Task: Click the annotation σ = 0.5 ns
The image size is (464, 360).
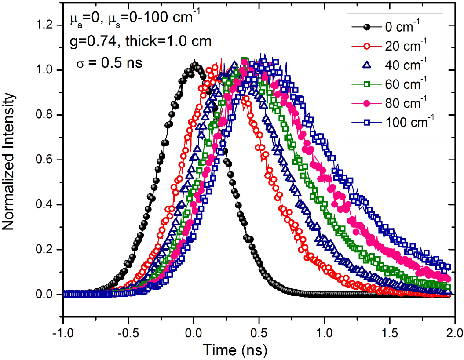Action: coord(110,62)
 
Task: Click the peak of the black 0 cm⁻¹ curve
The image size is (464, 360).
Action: coord(194,65)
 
